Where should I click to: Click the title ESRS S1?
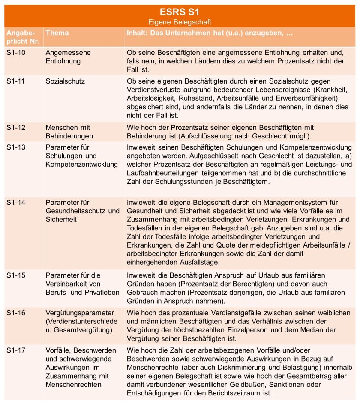(180, 12)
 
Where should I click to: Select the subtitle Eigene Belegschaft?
(180, 22)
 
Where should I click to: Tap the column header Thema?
(57, 33)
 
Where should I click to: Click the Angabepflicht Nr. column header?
(20, 37)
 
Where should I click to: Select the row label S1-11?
(16, 81)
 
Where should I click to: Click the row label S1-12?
(16, 128)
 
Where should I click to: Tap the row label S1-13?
(16, 147)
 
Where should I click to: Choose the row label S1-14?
(16, 202)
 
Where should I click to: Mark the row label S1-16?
(16, 313)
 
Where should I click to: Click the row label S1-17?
(16, 350)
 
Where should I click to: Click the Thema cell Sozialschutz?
(65, 81)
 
